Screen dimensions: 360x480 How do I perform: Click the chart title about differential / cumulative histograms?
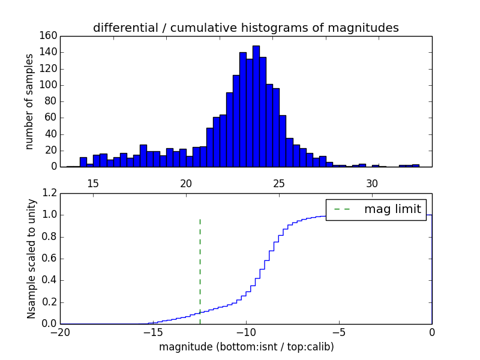(x=245, y=28)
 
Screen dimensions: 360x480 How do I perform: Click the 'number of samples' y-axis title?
(x=29, y=101)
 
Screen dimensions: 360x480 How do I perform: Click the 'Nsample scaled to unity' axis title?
(x=31, y=259)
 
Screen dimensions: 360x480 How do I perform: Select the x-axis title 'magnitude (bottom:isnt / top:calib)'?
(x=246, y=347)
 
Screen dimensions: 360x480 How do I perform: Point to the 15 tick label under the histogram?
(x=93, y=183)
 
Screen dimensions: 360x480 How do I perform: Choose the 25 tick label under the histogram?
(x=279, y=183)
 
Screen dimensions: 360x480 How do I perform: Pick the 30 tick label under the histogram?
(x=372, y=183)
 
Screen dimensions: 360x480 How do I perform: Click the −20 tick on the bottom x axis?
(x=60, y=332)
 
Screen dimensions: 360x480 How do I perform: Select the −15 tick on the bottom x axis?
(x=153, y=332)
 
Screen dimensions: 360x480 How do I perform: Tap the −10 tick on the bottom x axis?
(x=246, y=332)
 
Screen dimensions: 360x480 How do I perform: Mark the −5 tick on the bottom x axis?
(x=339, y=332)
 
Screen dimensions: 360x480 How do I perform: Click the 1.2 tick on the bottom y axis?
(x=49, y=193)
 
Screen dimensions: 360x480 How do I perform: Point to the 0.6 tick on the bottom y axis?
(x=49, y=259)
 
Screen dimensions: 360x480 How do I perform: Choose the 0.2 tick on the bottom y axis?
(x=49, y=302)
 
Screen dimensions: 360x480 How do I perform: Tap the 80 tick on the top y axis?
(x=50, y=101)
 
